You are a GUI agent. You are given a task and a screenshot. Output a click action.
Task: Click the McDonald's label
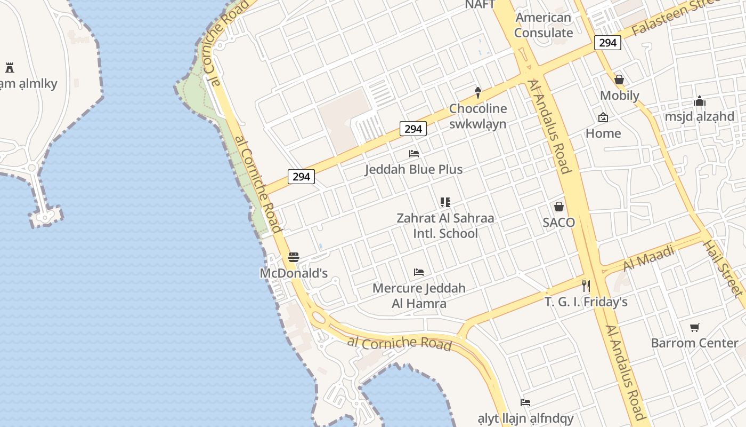(293, 273)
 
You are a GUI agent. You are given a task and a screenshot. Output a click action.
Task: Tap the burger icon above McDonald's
(293, 257)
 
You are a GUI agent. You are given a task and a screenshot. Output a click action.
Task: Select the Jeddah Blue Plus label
(413, 169)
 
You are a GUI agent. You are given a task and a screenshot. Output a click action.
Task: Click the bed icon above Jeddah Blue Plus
(414, 154)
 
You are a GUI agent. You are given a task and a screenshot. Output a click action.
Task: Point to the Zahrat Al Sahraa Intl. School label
(445, 226)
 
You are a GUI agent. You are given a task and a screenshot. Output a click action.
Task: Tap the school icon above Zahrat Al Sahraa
(445, 202)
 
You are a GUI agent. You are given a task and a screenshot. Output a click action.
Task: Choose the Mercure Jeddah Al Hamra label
(419, 296)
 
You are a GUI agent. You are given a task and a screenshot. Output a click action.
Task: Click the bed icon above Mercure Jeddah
(419, 272)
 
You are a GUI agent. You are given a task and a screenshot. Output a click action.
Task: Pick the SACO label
(558, 223)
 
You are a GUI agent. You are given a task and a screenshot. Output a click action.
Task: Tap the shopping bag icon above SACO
(559, 207)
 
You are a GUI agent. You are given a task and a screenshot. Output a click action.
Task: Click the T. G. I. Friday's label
(586, 302)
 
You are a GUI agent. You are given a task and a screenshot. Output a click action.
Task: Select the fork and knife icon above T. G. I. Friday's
(586, 286)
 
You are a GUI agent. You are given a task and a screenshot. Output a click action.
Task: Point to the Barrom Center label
(694, 343)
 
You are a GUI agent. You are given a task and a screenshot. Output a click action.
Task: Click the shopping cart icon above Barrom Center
(694, 327)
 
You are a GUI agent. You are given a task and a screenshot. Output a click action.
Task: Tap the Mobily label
(619, 96)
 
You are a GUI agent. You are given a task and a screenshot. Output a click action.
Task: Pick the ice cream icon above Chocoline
(478, 93)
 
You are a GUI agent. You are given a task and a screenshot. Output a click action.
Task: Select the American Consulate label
(543, 25)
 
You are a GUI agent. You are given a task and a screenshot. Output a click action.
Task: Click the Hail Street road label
(723, 268)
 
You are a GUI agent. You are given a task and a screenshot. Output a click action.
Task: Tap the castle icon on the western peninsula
(9, 68)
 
